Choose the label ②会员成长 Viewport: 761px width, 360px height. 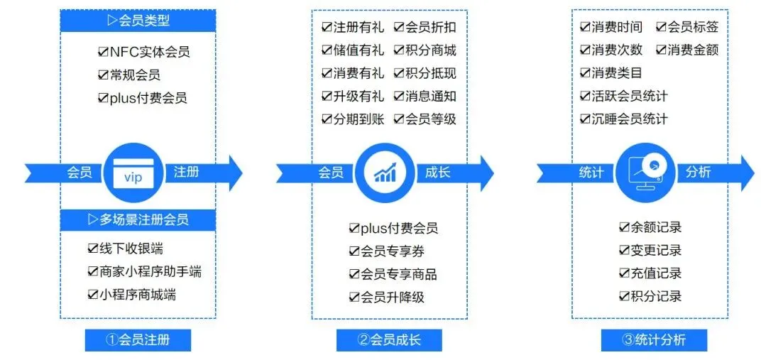[389, 339]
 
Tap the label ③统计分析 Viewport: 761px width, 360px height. [654, 339]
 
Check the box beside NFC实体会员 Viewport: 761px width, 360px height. [103, 52]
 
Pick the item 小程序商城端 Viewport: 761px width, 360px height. [137, 294]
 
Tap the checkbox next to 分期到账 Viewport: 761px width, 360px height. [327, 119]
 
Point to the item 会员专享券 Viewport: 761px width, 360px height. [393, 251]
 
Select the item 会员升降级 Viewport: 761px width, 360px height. [393, 297]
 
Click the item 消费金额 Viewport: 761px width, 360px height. [693, 50]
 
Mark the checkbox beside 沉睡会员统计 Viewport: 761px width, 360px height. [585, 119]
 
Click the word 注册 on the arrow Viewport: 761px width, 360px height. [186, 172]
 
